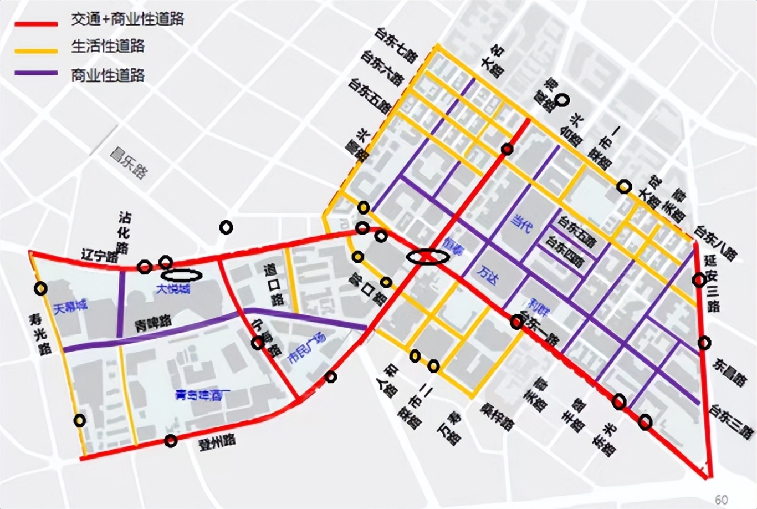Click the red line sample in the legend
tap(37, 24)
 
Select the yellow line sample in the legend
tap(37, 50)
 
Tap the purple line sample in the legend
tap(37, 73)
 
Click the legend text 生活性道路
tap(108, 46)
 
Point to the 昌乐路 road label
tap(129, 162)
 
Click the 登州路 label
tap(217, 442)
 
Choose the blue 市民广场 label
tap(306, 348)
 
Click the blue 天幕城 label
tap(71, 306)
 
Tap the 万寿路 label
tap(449, 427)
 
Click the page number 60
tap(721, 500)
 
